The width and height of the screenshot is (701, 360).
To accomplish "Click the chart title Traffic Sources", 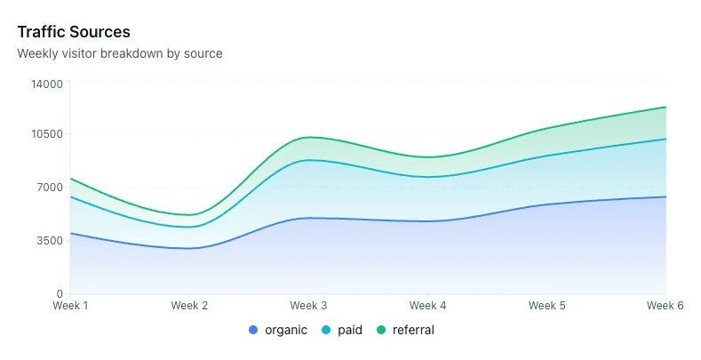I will click(74, 33).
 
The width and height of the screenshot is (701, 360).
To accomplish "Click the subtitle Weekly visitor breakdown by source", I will click(120, 53).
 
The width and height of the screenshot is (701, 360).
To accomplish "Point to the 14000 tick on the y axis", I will click(47, 84).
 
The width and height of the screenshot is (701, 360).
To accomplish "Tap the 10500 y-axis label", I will click(47, 134).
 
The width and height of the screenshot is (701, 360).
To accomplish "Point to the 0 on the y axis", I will click(60, 293).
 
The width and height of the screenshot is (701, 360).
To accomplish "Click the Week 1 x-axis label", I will click(70, 306).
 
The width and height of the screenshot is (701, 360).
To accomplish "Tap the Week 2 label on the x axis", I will click(189, 306).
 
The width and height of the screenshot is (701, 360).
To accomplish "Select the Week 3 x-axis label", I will click(308, 306).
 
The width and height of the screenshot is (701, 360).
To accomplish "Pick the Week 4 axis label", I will click(427, 306).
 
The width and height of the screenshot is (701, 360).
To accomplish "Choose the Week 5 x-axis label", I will click(546, 306).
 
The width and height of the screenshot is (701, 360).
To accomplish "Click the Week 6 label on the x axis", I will click(665, 306).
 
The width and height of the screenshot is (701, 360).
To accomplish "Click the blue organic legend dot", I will click(254, 330).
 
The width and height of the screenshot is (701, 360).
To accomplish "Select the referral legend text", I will click(413, 330).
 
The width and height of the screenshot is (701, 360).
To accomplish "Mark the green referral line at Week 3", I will click(308, 137).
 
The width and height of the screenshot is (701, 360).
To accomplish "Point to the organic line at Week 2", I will click(189, 248).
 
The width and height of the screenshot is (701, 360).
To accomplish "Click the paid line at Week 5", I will click(546, 156).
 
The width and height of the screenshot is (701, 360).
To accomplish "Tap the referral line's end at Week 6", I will click(665, 107).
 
